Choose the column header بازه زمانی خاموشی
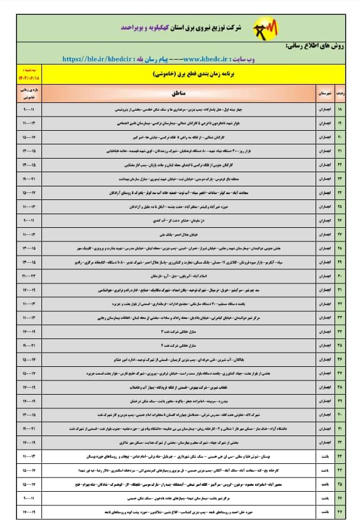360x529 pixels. (30, 93)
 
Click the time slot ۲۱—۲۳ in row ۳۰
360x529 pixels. (30, 276)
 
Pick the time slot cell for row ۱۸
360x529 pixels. (30, 110)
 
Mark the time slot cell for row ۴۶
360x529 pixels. (30, 498)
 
